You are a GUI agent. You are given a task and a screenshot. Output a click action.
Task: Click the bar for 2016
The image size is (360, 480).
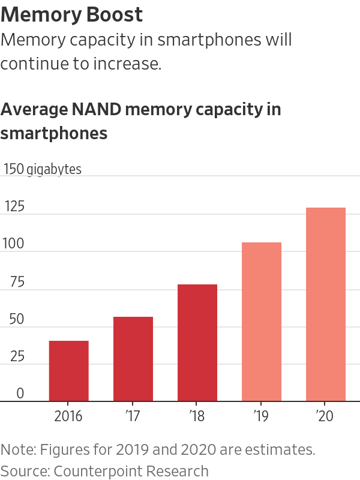(x=69, y=371)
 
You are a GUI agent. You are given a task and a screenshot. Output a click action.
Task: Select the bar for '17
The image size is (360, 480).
(x=133, y=359)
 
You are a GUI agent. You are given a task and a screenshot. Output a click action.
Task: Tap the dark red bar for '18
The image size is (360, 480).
(x=197, y=343)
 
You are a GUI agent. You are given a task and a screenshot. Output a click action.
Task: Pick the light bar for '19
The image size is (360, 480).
(x=262, y=322)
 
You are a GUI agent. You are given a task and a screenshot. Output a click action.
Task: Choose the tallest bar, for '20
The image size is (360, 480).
(x=326, y=304)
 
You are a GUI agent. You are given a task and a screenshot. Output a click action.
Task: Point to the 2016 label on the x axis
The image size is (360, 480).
(x=68, y=416)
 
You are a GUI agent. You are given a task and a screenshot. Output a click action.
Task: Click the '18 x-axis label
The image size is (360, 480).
(x=197, y=416)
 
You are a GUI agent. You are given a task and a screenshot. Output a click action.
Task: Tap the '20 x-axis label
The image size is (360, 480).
(x=326, y=416)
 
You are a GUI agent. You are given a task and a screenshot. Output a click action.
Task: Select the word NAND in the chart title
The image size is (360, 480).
(x=94, y=110)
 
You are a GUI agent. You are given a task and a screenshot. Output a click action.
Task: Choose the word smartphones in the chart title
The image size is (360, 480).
(x=54, y=133)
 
